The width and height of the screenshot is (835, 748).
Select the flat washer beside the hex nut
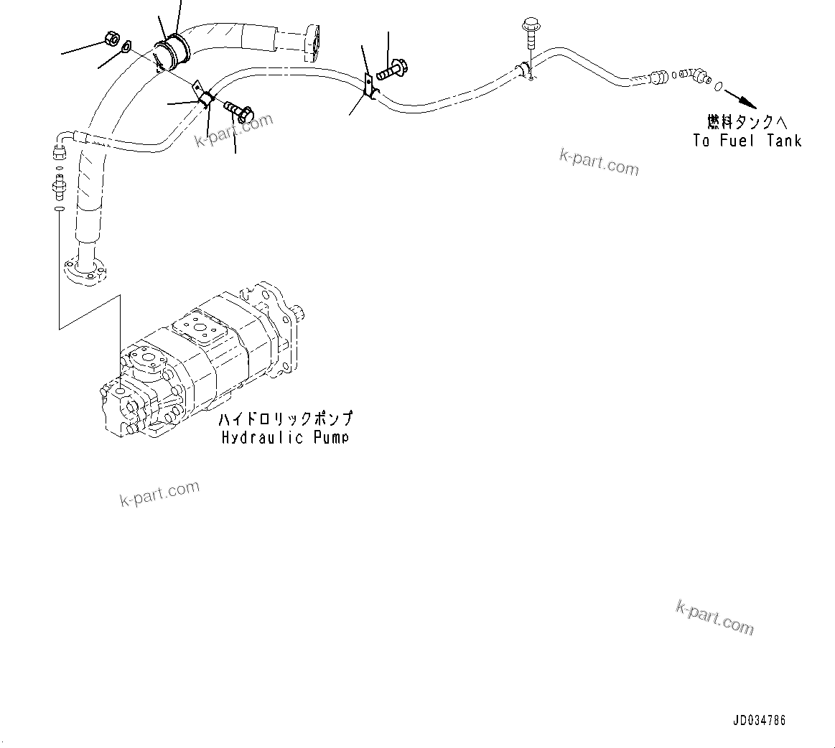[126, 47]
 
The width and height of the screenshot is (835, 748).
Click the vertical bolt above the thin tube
[529, 32]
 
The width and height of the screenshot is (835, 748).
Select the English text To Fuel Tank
[747, 141]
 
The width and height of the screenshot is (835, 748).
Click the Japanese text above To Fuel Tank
[747, 122]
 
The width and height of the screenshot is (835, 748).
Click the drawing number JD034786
[759, 720]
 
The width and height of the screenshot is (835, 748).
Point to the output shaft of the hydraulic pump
[302, 314]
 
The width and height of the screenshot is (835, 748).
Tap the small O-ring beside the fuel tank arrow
[719, 87]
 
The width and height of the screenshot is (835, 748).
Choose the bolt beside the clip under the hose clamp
[238, 111]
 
